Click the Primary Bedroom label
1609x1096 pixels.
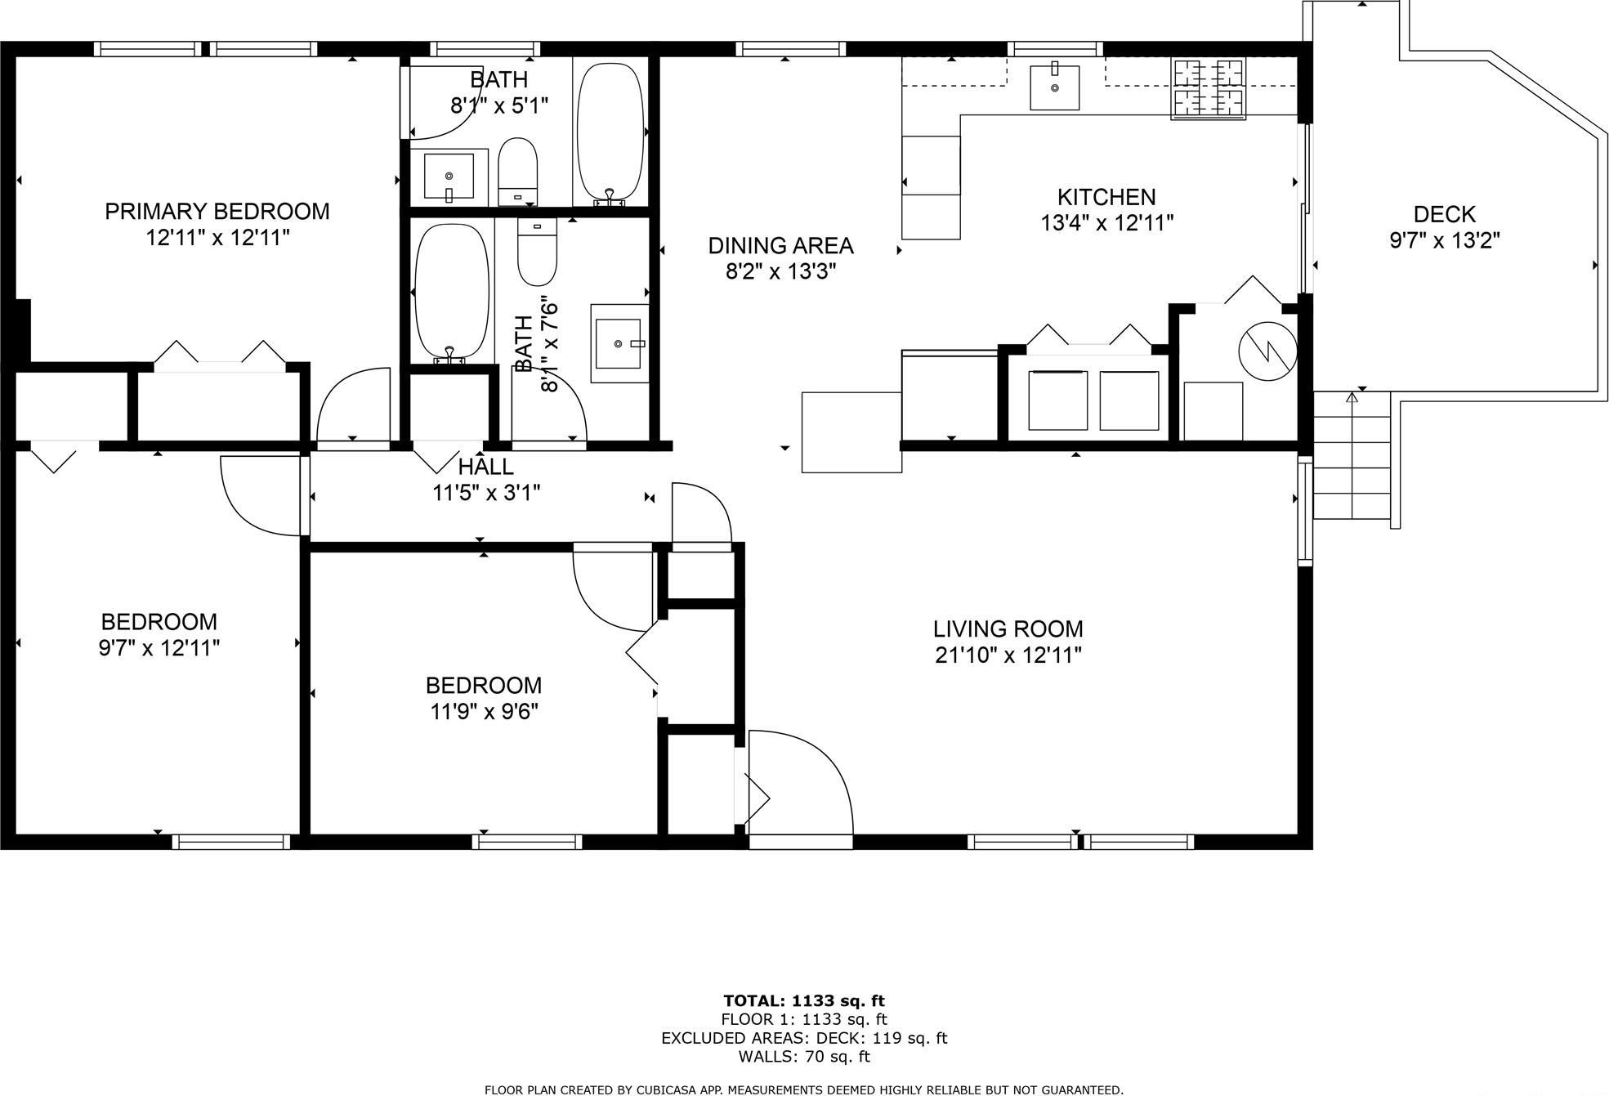coord(217,211)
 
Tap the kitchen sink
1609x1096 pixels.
coord(1053,87)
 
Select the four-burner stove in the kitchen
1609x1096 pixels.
coord(1209,89)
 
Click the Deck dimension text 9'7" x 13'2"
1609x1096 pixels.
coord(1444,240)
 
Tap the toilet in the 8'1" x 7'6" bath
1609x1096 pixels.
coord(537,251)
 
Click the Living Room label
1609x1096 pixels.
coord(1008,629)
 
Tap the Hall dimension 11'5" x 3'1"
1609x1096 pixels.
coord(485,493)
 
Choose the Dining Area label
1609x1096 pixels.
coord(780,245)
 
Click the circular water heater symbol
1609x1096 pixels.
coord(1267,351)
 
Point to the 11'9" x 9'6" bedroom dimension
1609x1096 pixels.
coord(484,711)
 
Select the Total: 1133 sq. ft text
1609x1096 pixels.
coord(803,1000)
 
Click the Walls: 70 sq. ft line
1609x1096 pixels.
coord(803,1056)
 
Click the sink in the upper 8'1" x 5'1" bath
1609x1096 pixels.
coord(449,176)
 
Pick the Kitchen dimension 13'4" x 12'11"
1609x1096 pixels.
coord(1106,222)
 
